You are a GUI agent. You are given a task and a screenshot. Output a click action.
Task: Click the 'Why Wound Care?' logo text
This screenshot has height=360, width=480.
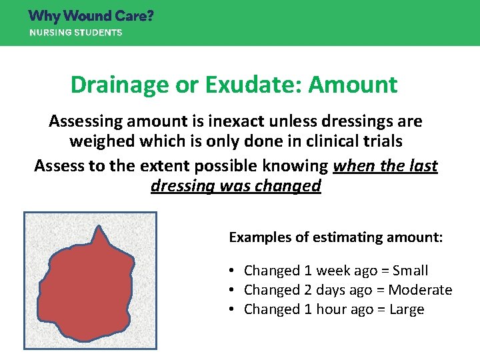tap(91, 15)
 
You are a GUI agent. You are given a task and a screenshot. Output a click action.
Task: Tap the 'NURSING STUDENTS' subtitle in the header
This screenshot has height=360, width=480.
tap(75, 33)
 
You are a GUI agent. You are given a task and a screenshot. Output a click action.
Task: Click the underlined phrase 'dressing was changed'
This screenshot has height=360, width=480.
tap(236, 185)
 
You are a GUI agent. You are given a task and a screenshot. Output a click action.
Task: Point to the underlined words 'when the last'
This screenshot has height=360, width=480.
tap(385, 165)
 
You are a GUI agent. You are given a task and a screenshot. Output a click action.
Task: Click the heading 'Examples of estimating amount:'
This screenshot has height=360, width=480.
tap(335, 237)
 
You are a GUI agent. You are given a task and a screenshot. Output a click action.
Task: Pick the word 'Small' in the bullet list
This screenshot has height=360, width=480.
tap(410, 271)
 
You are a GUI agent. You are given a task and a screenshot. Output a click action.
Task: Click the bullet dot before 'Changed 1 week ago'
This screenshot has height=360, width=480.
tap(229, 271)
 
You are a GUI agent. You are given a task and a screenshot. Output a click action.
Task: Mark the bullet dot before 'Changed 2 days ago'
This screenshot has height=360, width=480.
tap(229, 290)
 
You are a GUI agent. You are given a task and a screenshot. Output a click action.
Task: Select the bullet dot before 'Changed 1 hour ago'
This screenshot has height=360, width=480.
tap(229, 309)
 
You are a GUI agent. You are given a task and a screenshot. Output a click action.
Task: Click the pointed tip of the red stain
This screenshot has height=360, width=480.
tap(99, 228)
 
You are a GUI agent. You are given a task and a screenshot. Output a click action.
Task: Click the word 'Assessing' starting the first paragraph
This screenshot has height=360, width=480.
tap(85, 121)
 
